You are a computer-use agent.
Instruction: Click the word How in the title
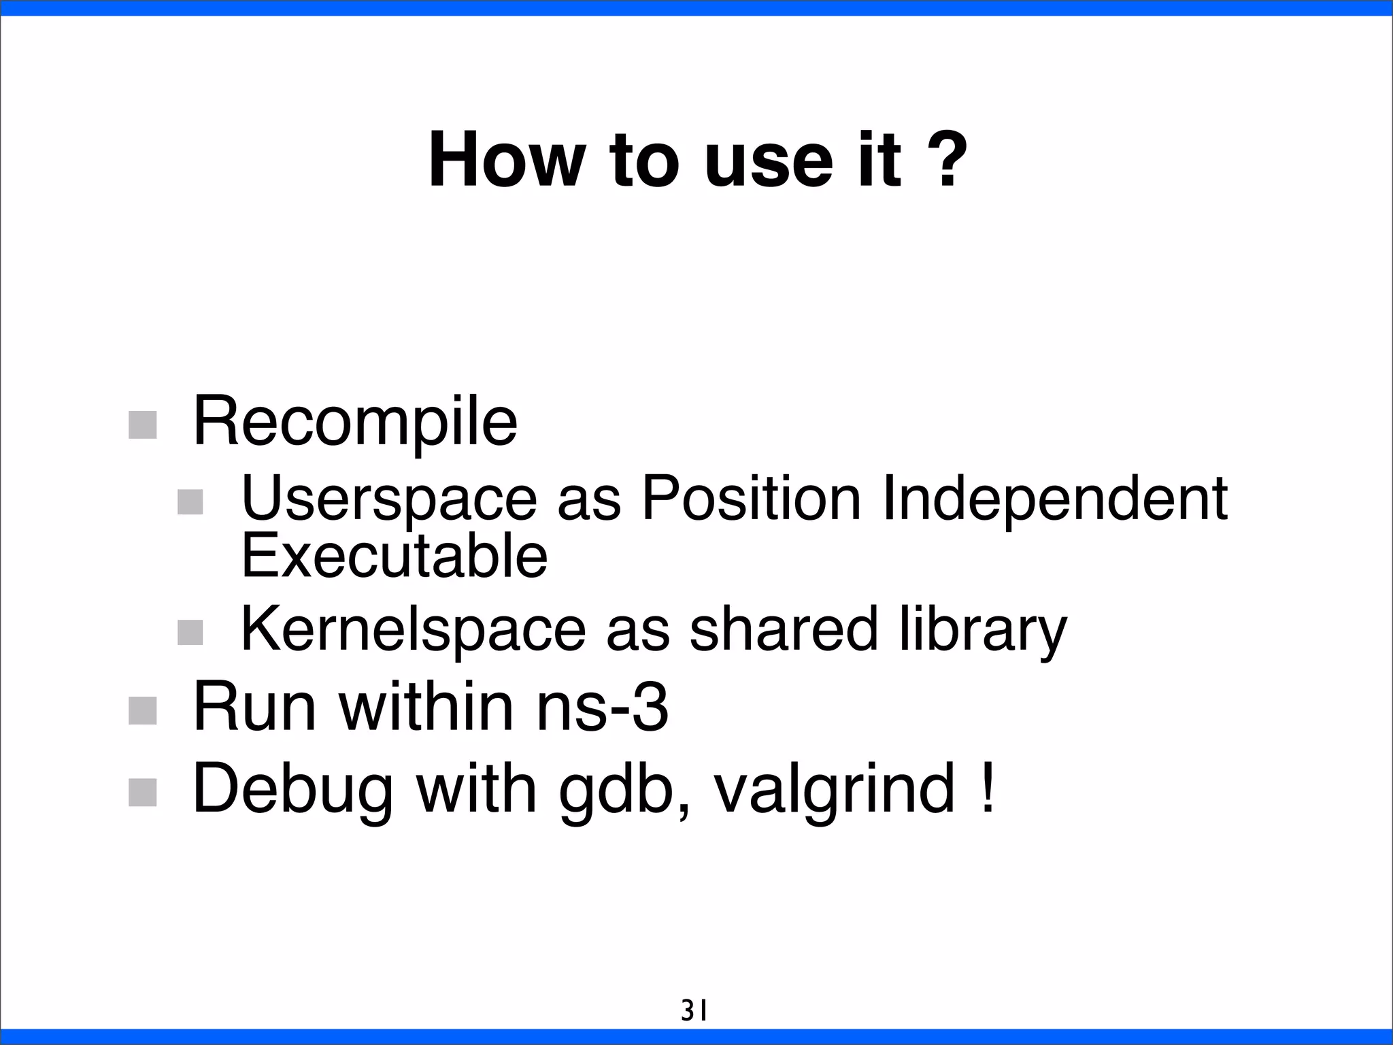[x=506, y=161]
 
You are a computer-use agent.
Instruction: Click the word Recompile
[x=355, y=423]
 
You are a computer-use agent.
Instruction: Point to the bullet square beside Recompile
[x=143, y=425]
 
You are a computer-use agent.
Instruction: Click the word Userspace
[x=388, y=499]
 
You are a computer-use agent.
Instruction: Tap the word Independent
[x=1054, y=499]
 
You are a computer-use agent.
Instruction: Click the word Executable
[x=395, y=557]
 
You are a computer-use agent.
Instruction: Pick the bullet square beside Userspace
[x=190, y=502]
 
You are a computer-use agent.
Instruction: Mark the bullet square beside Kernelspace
[x=190, y=632]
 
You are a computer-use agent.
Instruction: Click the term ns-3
[x=602, y=708]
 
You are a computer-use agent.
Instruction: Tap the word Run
[x=254, y=708]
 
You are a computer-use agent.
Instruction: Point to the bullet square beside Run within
[x=143, y=711]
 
